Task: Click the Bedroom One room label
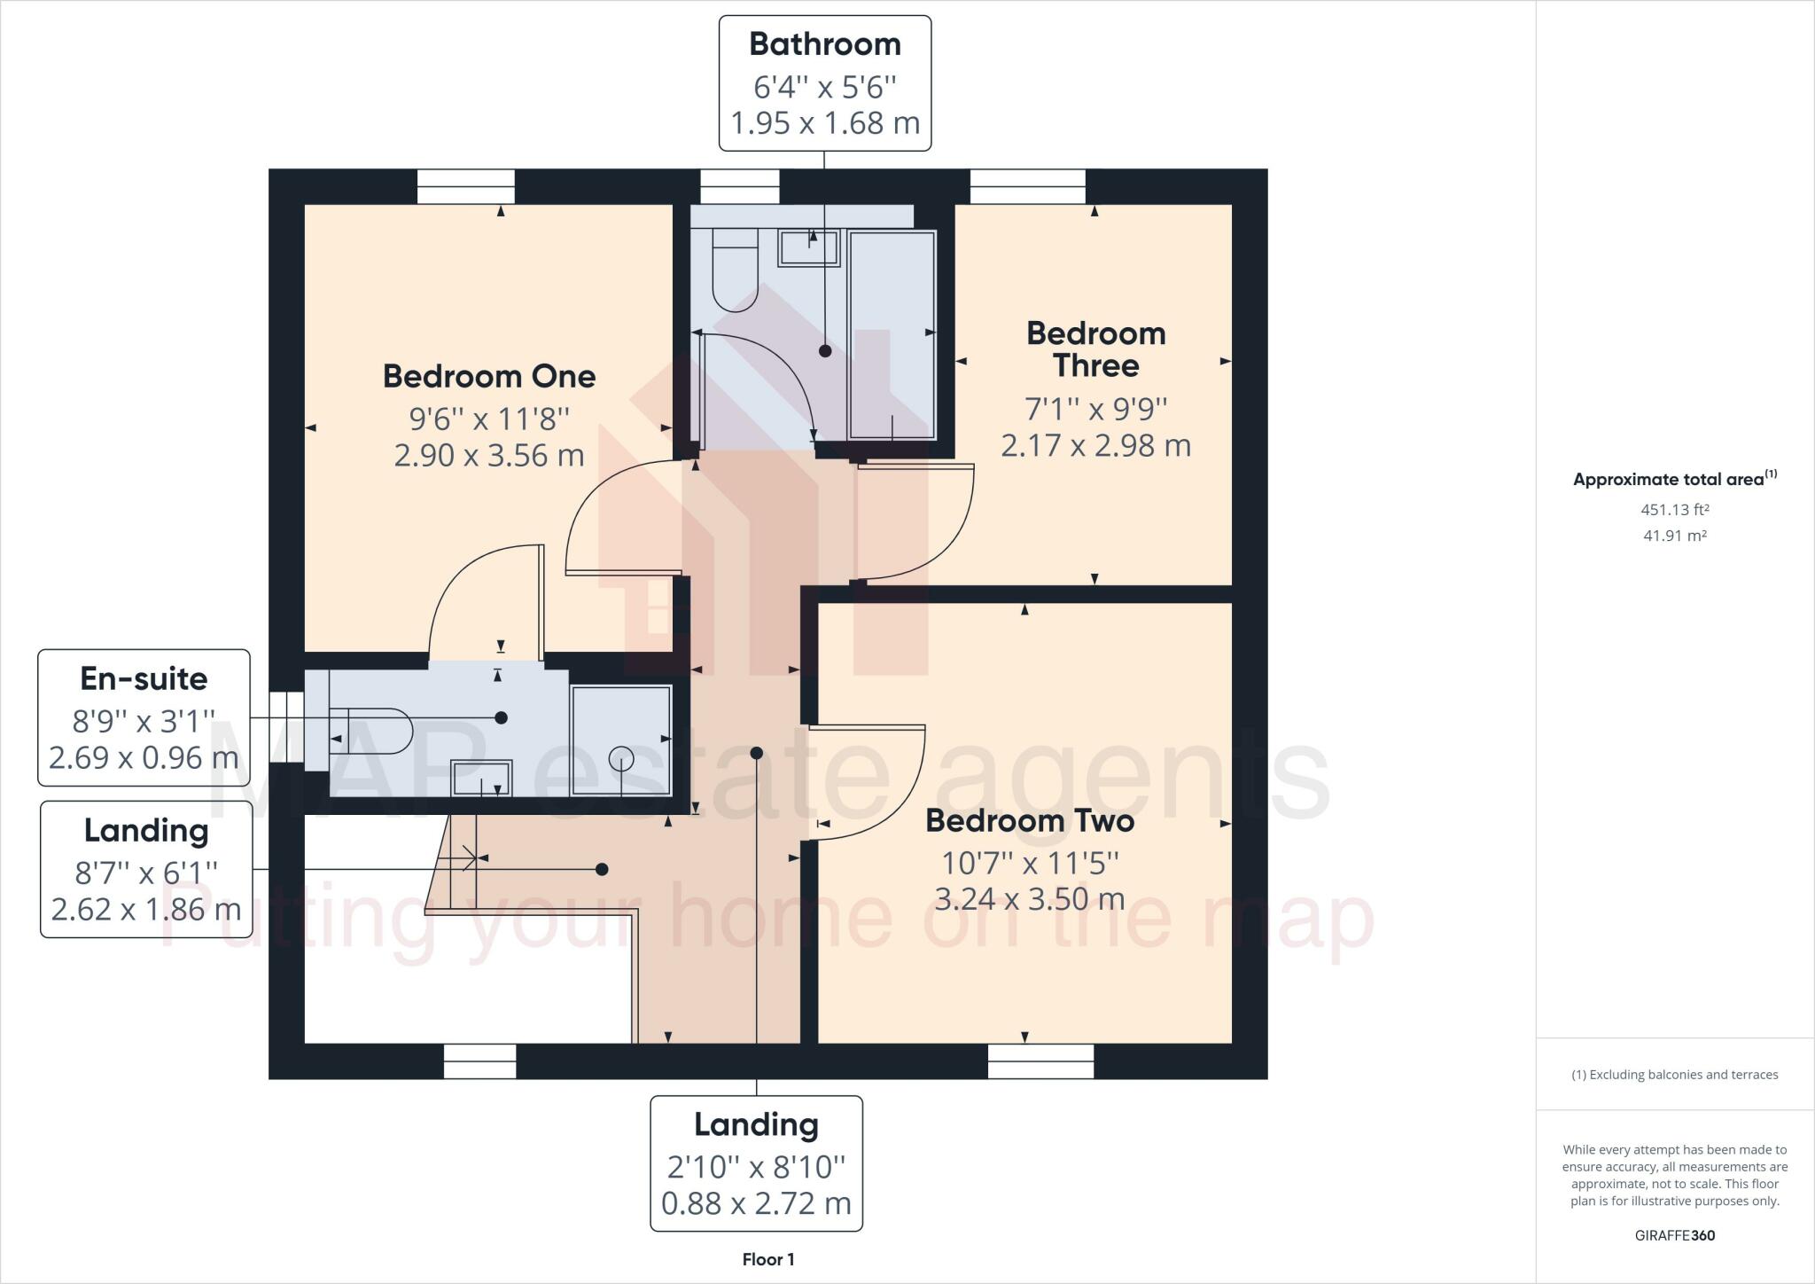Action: pos(488,377)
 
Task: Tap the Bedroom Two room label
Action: pos(1029,821)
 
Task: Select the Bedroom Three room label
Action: pos(1095,349)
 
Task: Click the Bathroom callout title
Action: pos(824,44)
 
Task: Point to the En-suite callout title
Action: pos(144,679)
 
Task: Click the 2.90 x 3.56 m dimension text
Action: pos(488,456)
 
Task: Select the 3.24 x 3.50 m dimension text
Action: pos(1029,900)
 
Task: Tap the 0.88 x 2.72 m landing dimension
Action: pos(756,1204)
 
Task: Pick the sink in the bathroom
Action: pos(808,247)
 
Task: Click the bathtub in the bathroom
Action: pos(892,335)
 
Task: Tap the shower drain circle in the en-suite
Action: pos(620,759)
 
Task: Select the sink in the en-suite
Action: pos(481,779)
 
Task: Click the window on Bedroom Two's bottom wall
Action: pos(1040,1061)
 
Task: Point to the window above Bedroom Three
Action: pos(1027,187)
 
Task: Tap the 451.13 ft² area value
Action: pos(1674,510)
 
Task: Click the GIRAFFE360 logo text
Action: pos(1674,1235)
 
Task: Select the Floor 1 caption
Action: pos(767,1259)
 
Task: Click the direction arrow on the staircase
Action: pos(467,857)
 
